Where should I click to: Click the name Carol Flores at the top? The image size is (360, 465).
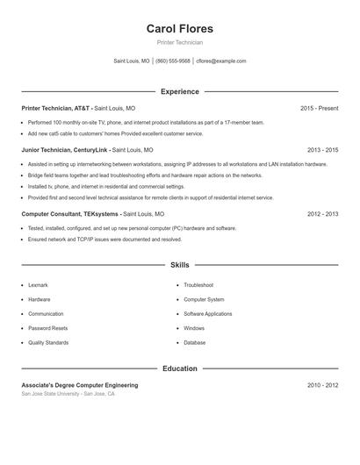point(179,28)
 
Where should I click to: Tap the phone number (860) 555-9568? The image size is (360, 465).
point(173,61)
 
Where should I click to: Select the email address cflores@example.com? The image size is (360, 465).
point(221,61)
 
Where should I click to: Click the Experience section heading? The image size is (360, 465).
point(179,91)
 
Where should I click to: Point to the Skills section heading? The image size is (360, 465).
point(179,264)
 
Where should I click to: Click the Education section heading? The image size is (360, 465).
point(179,368)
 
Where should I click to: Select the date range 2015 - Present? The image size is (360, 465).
point(319,108)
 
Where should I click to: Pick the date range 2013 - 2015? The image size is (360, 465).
point(322,150)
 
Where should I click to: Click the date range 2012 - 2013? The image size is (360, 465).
point(322,213)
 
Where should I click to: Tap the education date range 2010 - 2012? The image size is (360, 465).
point(322,385)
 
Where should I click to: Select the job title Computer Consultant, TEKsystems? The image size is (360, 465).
point(70,213)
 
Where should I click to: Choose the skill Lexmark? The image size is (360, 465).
point(39,285)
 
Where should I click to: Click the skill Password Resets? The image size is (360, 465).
point(47,328)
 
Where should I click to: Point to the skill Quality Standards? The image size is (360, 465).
point(48,342)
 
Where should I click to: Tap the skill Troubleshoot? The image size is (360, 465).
point(198,285)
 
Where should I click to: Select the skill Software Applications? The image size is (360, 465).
point(208,314)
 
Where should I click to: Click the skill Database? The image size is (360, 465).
point(195,342)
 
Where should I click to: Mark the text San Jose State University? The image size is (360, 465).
point(51,394)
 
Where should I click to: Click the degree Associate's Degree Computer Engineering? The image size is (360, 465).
point(80,385)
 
